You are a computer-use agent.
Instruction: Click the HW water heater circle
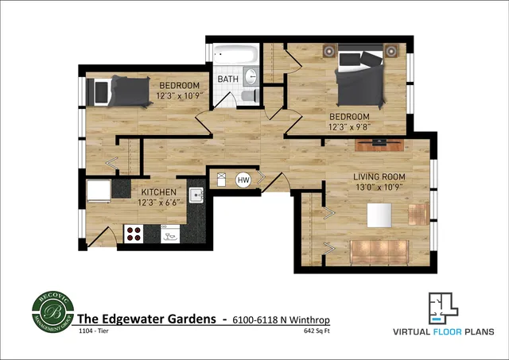(243, 180)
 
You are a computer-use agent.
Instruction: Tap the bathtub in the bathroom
(235, 57)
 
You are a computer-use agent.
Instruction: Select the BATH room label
(228, 79)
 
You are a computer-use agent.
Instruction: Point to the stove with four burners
(134, 234)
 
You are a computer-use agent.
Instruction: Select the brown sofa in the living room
(379, 252)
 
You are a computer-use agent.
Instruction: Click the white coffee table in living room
(379, 215)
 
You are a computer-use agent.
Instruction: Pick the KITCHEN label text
(160, 192)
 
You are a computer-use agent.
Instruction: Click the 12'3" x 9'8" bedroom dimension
(351, 126)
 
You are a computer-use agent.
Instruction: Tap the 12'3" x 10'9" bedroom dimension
(178, 95)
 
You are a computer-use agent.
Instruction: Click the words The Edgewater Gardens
(146, 319)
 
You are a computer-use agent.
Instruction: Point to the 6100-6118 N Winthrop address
(281, 319)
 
